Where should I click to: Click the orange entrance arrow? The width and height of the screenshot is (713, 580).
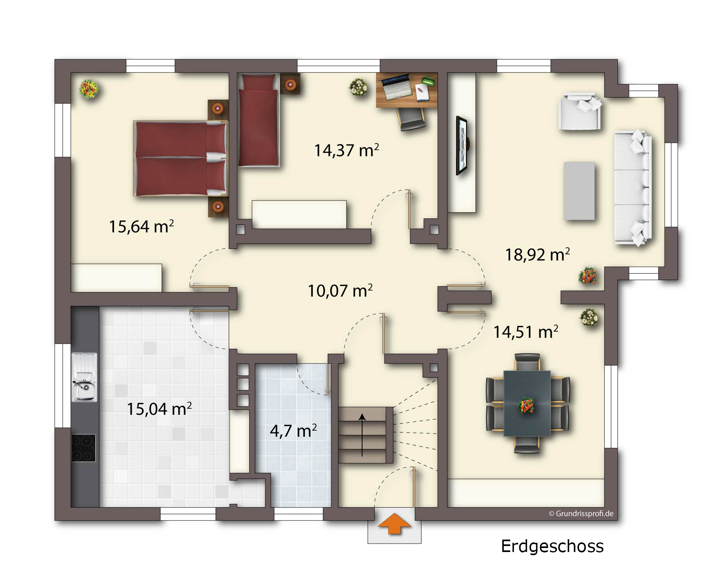click(395, 523)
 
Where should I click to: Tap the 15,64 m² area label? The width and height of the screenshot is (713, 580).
click(142, 226)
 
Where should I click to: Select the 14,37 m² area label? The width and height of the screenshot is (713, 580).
click(346, 150)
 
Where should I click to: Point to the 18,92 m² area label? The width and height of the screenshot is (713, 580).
click(537, 254)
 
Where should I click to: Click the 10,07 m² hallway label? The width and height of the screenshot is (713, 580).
click(340, 291)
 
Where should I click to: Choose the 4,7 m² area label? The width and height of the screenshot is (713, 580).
click(293, 431)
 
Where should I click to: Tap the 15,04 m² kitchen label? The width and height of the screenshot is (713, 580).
click(159, 409)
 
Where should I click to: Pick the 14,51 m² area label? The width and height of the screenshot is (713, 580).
click(526, 332)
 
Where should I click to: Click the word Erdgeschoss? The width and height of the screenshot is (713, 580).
click(552, 546)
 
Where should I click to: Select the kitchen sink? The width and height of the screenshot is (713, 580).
click(84, 377)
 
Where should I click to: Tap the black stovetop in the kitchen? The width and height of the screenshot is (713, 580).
click(84, 448)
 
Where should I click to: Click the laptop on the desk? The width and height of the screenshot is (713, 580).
click(396, 87)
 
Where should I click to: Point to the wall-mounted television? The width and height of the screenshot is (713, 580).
click(462, 146)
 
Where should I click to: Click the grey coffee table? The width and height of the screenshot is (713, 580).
click(579, 191)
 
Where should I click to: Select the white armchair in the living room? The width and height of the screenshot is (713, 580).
click(580, 111)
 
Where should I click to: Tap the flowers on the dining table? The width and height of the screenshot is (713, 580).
click(526, 405)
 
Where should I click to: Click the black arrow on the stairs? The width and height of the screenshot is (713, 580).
click(363, 435)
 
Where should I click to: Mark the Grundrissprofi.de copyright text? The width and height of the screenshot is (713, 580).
click(581, 514)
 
